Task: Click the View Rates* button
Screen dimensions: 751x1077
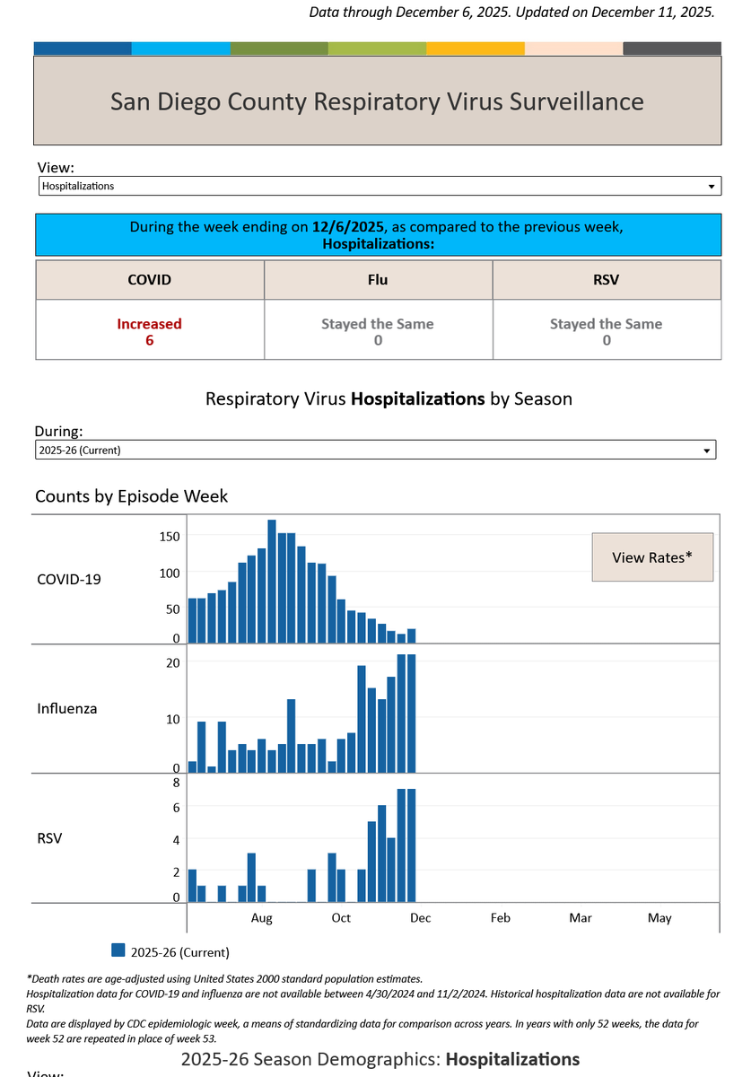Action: click(652, 556)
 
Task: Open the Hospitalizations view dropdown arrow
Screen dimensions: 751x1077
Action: click(711, 187)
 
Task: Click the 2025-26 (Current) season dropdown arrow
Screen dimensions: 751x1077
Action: click(706, 451)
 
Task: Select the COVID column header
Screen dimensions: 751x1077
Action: click(149, 280)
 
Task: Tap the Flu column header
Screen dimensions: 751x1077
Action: click(378, 280)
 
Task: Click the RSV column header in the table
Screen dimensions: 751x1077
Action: click(607, 280)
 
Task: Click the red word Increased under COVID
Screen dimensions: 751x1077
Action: click(149, 324)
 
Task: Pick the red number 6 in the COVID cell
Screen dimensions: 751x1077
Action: click(150, 340)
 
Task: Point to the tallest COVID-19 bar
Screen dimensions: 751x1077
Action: click(272, 581)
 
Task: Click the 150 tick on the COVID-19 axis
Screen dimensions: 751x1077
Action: click(170, 537)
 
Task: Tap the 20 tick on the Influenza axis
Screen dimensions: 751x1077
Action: click(172, 663)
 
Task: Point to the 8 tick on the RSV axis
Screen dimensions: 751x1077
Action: click(176, 783)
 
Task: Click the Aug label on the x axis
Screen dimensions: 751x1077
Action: click(261, 918)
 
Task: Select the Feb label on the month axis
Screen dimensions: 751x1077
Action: click(500, 918)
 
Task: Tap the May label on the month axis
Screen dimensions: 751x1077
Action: click(659, 918)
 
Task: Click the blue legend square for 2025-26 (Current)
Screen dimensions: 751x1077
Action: click(118, 950)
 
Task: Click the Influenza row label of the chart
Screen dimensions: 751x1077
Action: click(66, 708)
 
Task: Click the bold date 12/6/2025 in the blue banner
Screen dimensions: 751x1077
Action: click(347, 226)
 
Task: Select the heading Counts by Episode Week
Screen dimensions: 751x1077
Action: click(131, 496)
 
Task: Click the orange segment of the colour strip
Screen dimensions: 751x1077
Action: click(475, 48)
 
